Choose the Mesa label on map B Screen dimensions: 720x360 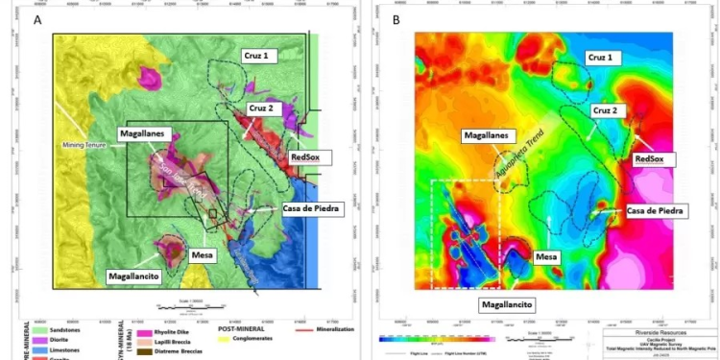[x=547, y=257]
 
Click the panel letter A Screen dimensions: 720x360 [x=37, y=20]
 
